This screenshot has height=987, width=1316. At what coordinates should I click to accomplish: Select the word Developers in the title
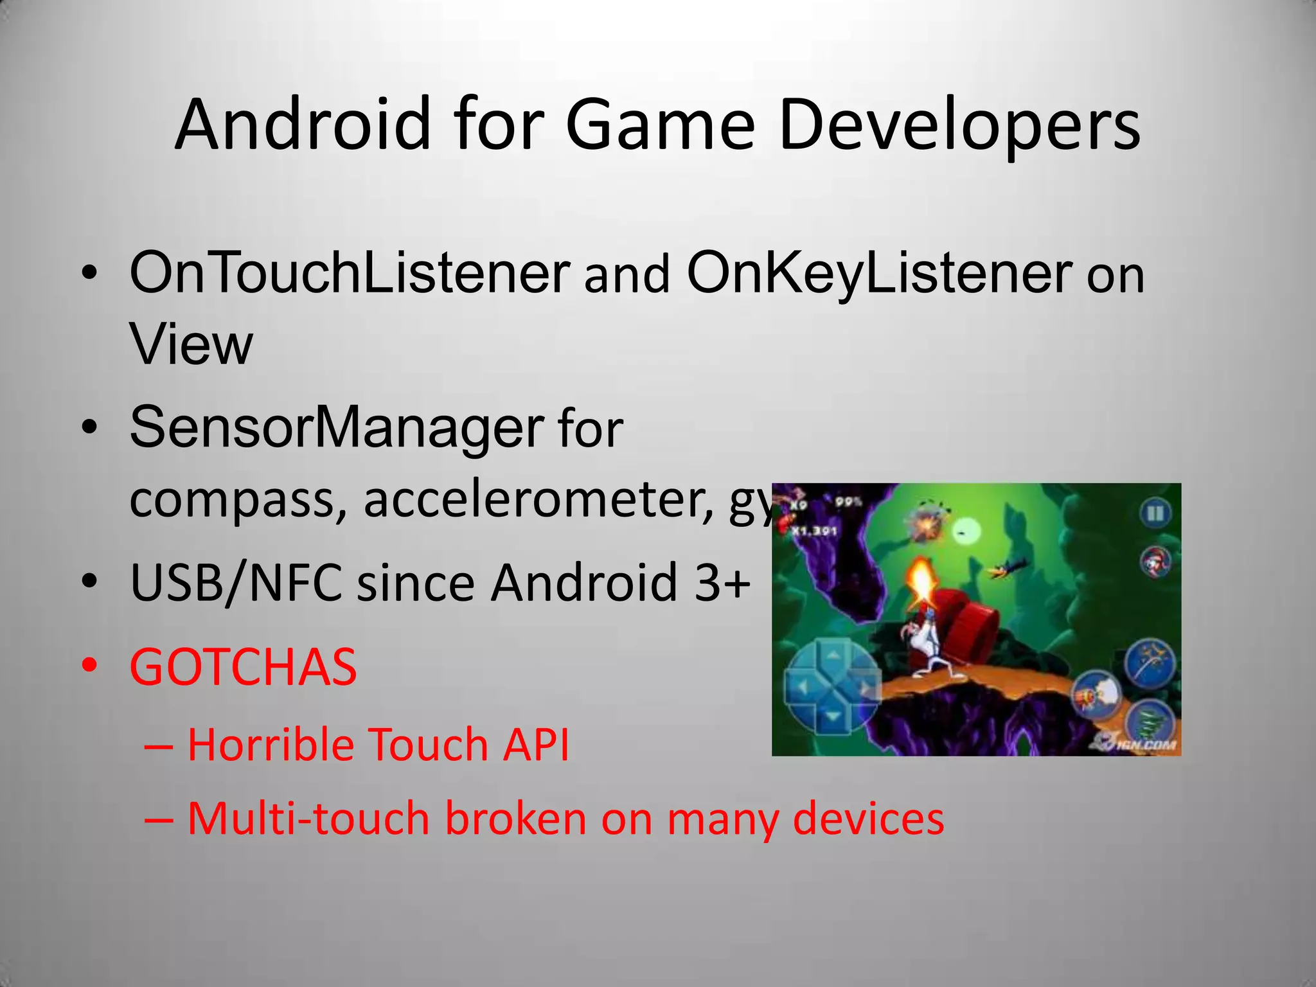click(959, 126)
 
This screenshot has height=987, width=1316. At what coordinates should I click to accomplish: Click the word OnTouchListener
click(350, 272)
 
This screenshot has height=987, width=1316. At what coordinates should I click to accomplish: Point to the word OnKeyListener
click(879, 274)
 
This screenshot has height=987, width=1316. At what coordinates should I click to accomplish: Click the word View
click(191, 344)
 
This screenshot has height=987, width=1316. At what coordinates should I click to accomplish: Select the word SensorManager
click(337, 428)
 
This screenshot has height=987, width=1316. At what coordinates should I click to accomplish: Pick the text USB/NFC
click(235, 582)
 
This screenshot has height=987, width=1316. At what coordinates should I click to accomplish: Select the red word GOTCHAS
click(243, 667)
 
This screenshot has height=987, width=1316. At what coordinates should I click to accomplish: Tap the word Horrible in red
click(271, 745)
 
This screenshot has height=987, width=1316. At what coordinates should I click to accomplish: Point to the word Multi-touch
click(308, 819)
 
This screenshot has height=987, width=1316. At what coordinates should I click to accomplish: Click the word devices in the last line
click(868, 819)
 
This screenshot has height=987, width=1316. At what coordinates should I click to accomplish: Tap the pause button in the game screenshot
click(1155, 513)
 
